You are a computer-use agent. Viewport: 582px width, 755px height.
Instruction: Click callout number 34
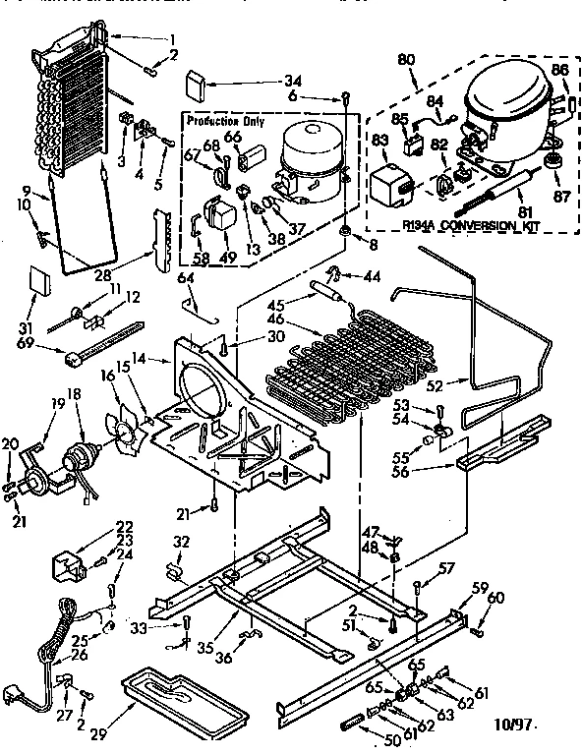(293, 80)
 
